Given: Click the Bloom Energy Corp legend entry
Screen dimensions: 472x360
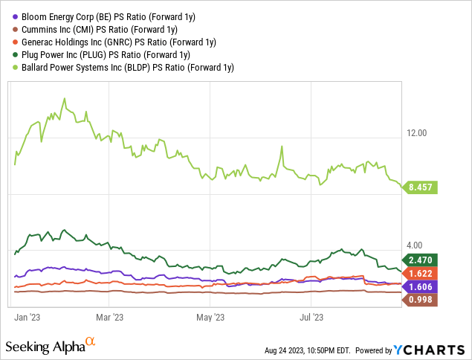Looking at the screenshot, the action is pos(104,17).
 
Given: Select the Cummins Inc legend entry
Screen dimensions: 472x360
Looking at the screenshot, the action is pos(95,30).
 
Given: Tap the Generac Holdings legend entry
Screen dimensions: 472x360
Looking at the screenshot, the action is pos(114,42).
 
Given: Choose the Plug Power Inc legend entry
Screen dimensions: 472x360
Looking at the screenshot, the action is pos(101,55).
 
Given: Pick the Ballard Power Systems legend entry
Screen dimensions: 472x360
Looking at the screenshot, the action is pos(123,68).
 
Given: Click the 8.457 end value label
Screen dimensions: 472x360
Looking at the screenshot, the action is pos(420,187).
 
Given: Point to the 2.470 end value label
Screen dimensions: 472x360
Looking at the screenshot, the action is pos(420,260).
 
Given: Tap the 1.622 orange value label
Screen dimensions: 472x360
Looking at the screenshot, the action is pos(420,274).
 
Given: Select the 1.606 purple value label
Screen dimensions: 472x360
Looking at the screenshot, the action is pos(420,287).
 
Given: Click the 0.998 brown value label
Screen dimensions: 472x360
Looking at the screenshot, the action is pos(420,300).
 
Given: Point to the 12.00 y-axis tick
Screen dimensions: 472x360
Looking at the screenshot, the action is pos(416,133).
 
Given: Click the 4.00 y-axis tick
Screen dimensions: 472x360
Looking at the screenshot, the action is pos(414,245).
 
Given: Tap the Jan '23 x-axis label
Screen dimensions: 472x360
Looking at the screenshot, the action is pos(27,317).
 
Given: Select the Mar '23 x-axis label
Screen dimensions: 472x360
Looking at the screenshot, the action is pos(109,317).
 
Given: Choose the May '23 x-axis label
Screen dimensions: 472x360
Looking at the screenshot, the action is pos(210,317).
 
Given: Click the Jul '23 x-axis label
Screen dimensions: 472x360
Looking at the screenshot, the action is pos(311,317).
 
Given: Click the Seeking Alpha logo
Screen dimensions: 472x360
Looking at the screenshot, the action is pos(51,346).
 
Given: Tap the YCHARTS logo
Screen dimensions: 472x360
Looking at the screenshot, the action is pos(429,350).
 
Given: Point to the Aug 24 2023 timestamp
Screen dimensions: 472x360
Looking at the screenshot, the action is pos(307,350).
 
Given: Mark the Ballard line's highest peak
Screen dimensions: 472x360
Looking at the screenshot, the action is pos(65,98).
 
